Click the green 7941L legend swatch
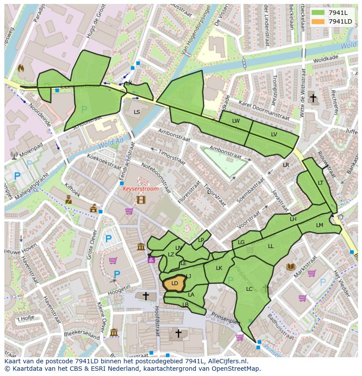[318, 13]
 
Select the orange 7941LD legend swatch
[318, 21]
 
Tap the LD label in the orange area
[174, 283]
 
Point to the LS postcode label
[137, 112]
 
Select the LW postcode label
[236, 121]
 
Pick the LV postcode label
[274, 135]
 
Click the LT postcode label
[320, 183]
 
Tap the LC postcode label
[249, 289]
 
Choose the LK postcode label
[219, 268]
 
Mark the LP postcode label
[201, 240]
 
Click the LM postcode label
[320, 225]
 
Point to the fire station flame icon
[21, 68]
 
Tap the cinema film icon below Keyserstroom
[140, 200]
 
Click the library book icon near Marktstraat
[291, 267]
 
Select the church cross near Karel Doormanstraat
[313, 98]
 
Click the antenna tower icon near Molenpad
[14, 155]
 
